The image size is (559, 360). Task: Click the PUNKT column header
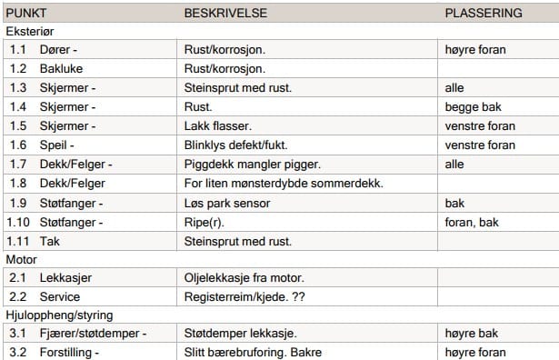[x=26, y=14]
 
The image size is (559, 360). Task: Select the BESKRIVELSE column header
[x=225, y=14]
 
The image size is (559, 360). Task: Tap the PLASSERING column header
[x=484, y=14]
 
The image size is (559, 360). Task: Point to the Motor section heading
[x=22, y=259]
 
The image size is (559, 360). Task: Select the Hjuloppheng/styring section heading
[x=59, y=315]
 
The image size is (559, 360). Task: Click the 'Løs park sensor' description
[x=228, y=203]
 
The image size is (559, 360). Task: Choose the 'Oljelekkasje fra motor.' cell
[x=244, y=277]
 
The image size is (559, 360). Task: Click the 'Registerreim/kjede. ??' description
[x=243, y=296]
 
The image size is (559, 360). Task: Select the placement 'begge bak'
[x=473, y=107]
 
